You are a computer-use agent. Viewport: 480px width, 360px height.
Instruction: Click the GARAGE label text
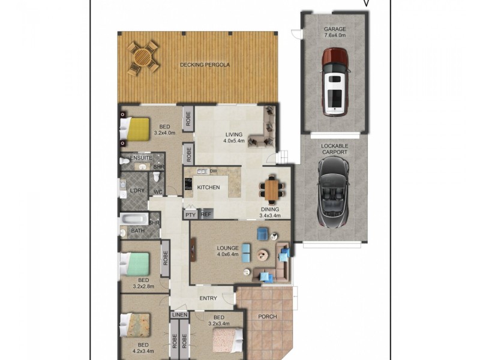pyautogui.click(x=335, y=28)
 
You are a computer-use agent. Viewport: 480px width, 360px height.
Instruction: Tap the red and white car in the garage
pyautogui.click(x=334, y=82)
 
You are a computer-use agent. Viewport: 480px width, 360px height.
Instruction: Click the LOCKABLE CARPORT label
pyautogui.click(x=334, y=149)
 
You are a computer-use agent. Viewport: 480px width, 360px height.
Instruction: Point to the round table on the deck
pyautogui.click(x=143, y=58)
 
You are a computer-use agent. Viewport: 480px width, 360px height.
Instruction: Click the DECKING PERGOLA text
pyautogui.click(x=205, y=64)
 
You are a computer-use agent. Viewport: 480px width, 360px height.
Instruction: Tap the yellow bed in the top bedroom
pyautogui.click(x=136, y=128)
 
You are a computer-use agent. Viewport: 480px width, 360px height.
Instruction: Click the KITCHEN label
pyautogui.click(x=208, y=188)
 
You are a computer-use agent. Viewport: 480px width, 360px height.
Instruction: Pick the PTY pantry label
pyautogui.click(x=191, y=214)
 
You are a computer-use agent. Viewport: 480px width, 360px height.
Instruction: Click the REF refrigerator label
pyautogui.click(x=206, y=214)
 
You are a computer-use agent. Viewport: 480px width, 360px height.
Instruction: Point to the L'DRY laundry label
pyautogui.click(x=137, y=191)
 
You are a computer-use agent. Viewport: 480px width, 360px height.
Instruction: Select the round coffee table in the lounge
pyautogui.click(x=262, y=255)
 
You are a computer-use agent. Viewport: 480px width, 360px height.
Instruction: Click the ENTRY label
pyautogui.click(x=208, y=298)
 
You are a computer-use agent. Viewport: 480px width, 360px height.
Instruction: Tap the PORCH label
pyautogui.click(x=267, y=317)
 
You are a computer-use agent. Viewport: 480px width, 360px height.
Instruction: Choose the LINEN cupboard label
pyautogui.click(x=180, y=314)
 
